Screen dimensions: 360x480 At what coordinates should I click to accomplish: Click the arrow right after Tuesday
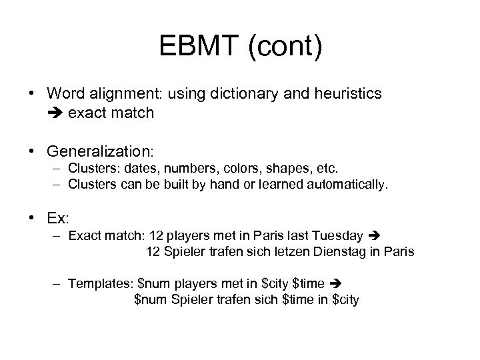pyautogui.click(x=373, y=236)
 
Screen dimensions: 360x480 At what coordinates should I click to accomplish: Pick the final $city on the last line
pyautogui.click(x=345, y=300)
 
